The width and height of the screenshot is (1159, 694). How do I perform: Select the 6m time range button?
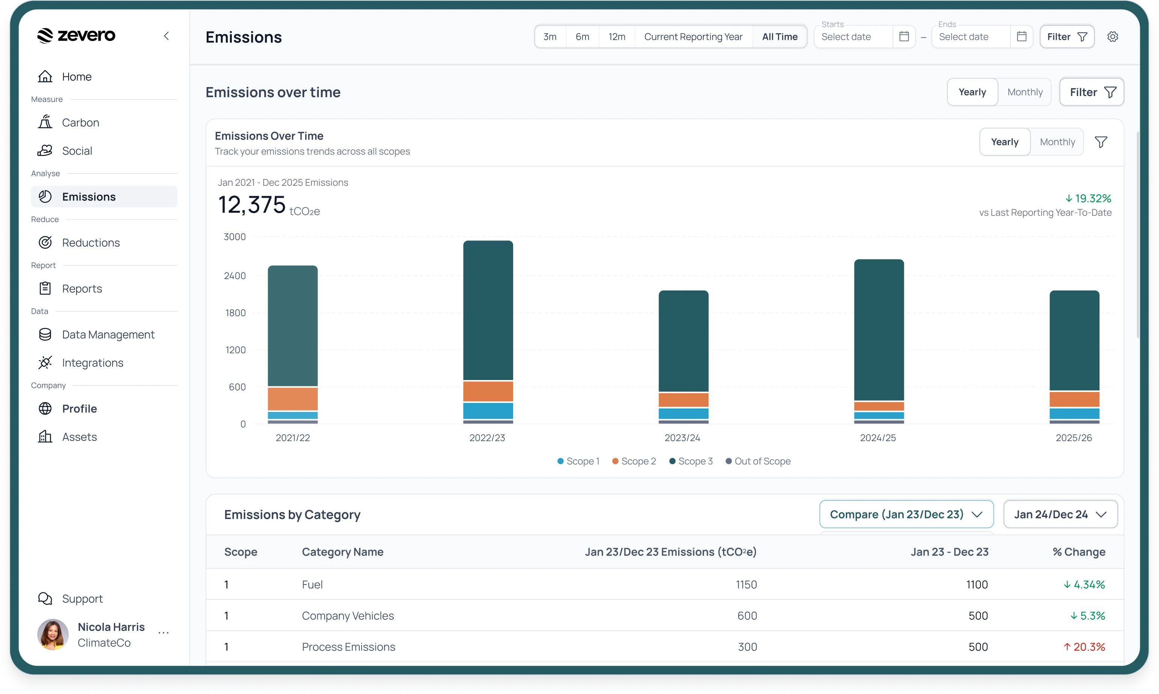coord(582,36)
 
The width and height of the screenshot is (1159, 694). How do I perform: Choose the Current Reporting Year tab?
coord(693,36)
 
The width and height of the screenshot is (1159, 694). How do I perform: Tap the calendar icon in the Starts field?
coord(904,36)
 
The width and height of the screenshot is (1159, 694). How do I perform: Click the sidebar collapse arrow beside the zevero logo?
coord(167,36)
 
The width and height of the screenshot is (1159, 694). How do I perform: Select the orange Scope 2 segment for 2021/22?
coord(293,399)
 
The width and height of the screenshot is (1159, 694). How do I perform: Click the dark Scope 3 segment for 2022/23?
coord(488,310)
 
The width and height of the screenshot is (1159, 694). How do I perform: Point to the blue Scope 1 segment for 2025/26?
coord(1074,413)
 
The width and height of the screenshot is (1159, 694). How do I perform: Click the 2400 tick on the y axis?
coord(235,276)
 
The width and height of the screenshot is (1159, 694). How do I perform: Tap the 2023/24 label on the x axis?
coord(683,438)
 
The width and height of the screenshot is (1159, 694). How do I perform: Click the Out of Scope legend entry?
coord(758,461)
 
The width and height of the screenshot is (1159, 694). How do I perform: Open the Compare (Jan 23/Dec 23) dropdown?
coord(906,514)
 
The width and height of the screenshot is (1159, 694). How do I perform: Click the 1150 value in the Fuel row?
coord(746,584)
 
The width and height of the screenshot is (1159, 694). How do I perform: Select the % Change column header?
coord(1079,552)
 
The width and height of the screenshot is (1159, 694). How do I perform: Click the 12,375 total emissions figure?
coord(252,205)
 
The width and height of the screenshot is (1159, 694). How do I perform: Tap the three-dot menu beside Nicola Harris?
coord(164,633)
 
